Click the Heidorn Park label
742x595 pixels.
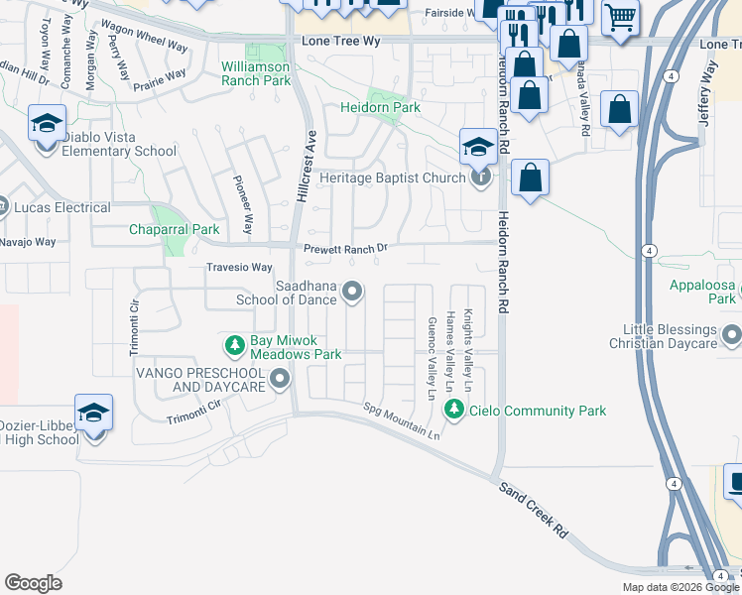380,107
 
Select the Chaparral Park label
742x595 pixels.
175,229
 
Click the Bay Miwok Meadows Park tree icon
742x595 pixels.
235,346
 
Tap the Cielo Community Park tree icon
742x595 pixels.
454,410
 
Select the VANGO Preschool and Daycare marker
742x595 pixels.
281,378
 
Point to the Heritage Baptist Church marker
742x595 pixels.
482,178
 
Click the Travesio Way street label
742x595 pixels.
239,268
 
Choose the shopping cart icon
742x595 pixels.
620,17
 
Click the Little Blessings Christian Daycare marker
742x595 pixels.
732,335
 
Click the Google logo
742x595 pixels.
33,583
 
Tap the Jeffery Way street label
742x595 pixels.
706,94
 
